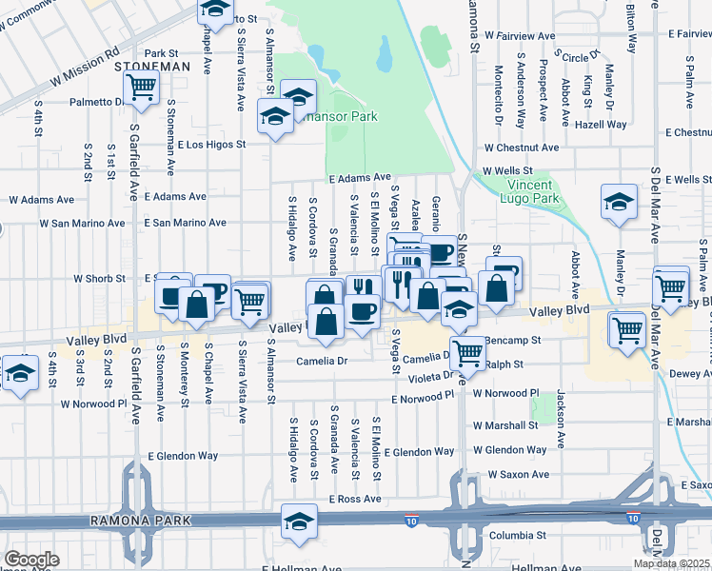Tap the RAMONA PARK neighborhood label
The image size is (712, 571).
point(141,521)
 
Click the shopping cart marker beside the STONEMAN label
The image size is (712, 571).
point(141,88)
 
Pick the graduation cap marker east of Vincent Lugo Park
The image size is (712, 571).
point(619,202)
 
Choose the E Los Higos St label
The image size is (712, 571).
point(211,145)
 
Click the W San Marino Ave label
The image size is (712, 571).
point(82,224)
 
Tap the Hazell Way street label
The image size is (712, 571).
point(601,125)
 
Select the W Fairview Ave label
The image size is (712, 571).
point(519,35)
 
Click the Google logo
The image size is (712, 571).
point(31,559)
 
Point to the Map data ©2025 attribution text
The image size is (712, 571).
point(672,563)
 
